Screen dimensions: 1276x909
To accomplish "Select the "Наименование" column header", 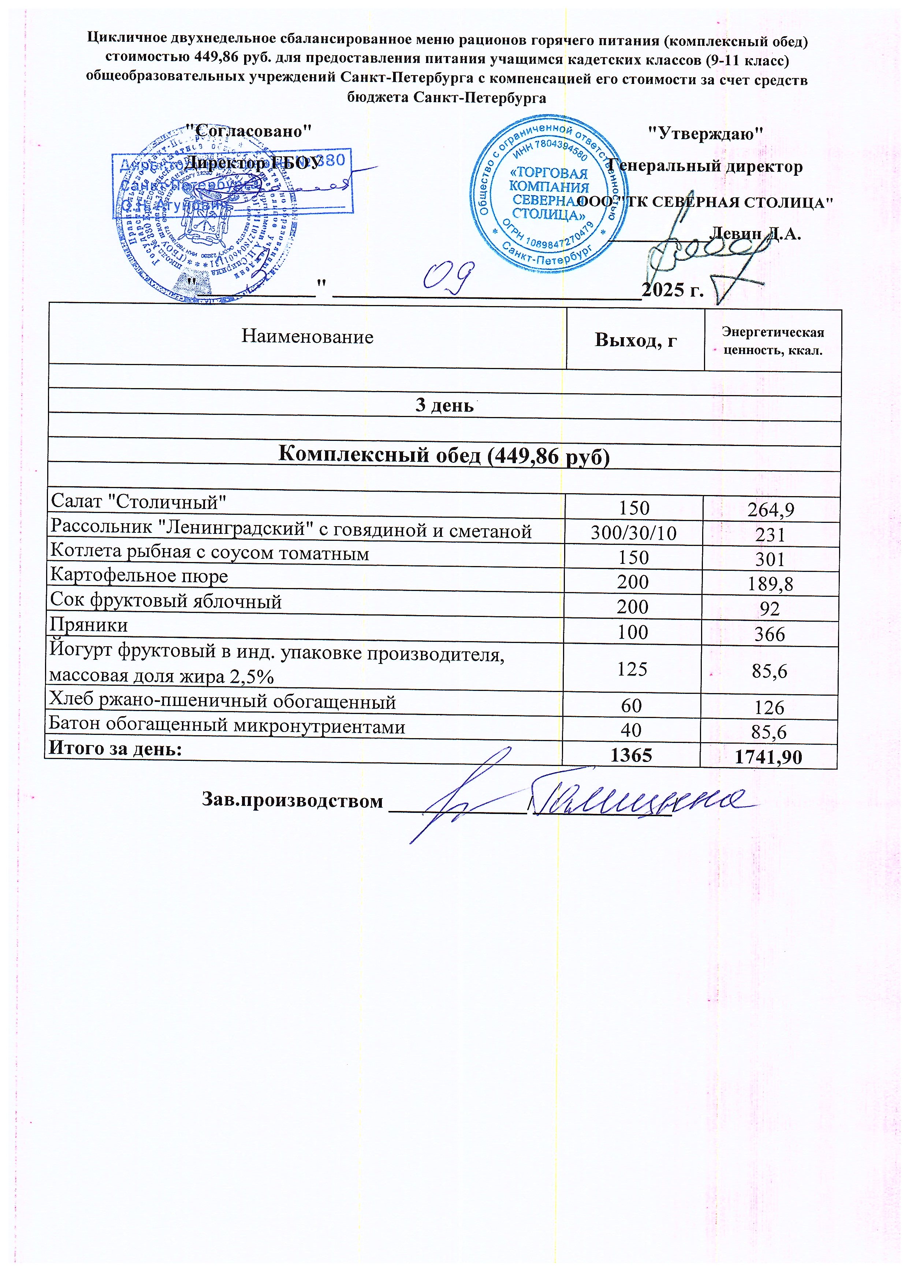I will pos(307,336).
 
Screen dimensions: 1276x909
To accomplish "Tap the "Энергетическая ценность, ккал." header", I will pos(772,341).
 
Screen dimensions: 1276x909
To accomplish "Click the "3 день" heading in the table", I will pos(444,405).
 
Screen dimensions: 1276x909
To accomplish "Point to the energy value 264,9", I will pos(771,510).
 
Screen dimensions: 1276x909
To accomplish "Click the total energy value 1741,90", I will pos(768,757).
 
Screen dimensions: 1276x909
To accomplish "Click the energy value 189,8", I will pos(770,584).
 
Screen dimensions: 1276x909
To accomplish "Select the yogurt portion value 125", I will pos(632,669).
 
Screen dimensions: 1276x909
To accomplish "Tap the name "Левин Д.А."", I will pos(755,233).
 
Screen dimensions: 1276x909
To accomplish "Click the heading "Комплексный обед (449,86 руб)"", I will pos(444,455).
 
